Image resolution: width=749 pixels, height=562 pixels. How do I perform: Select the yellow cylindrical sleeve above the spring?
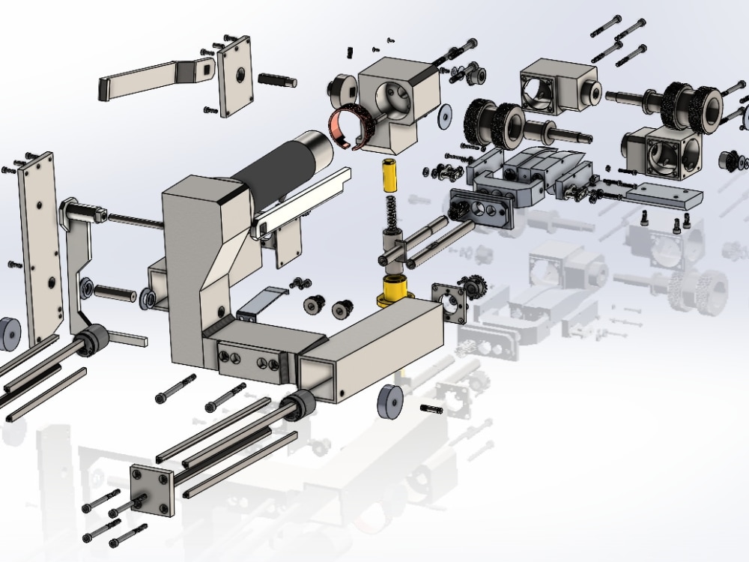389,177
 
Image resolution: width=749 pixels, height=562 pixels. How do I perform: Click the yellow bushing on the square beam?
395,291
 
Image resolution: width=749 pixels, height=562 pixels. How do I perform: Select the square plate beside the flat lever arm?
237,76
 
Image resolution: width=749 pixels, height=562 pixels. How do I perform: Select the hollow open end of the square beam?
318,378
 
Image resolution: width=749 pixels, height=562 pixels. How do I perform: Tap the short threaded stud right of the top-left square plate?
277,79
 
